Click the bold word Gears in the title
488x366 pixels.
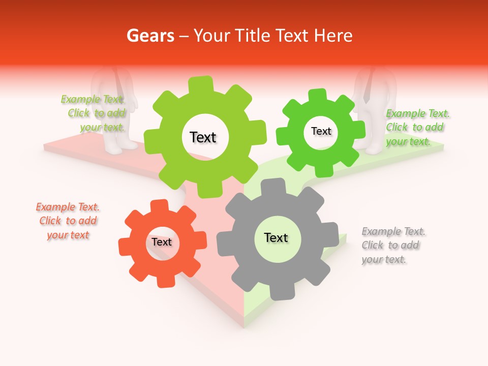tap(150, 36)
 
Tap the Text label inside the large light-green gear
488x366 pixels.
tap(203, 137)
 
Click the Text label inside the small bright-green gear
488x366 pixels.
tap(321, 131)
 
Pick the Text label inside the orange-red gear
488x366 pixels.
tap(162, 242)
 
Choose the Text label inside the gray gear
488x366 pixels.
tap(276, 238)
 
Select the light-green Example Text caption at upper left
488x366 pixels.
tap(94, 113)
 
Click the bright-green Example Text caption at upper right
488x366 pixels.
tap(417, 128)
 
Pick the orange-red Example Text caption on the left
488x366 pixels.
tap(68, 221)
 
